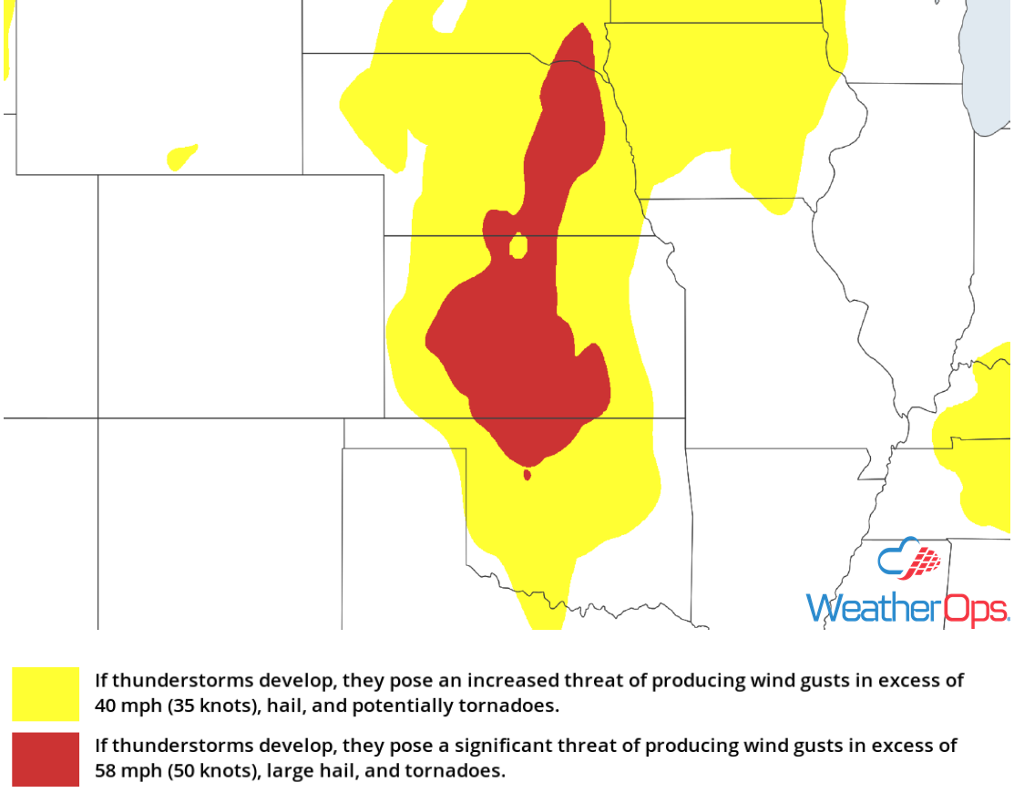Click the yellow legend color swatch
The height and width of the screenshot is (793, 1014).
(x=46, y=693)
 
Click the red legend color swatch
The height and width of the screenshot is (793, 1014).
(x=46, y=758)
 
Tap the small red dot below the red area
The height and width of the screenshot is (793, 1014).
(x=527, y=474)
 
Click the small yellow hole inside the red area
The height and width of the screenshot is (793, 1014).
(x=517, y=246)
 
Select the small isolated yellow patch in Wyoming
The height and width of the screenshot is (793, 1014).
(x=181, y=156)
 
